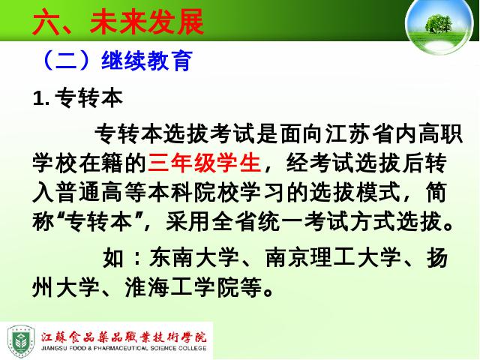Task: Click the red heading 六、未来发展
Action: coord(118,22)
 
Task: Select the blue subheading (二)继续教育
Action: coord(116,60)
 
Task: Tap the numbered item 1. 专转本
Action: coord(78,98)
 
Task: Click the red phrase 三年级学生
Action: coord(205,163)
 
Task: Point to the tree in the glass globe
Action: coord(439,23)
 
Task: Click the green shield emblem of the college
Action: coord(21,341)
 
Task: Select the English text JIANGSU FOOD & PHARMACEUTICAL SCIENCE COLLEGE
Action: coord(124,348)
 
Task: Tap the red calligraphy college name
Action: coord(124,337)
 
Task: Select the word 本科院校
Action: coord(193,193)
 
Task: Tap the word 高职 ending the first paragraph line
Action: coord(440,133)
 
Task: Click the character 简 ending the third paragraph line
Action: coord(436,193)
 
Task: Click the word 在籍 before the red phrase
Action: coord(101,163)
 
